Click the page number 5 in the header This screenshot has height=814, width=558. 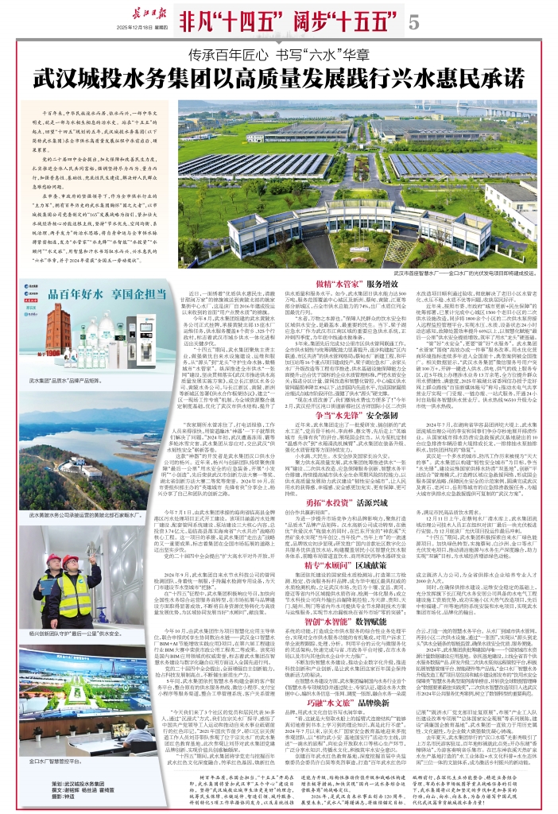pyautogui.click(x=413, y=23)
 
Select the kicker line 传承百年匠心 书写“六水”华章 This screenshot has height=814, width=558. pyautogui.click(x=278, y=56)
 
